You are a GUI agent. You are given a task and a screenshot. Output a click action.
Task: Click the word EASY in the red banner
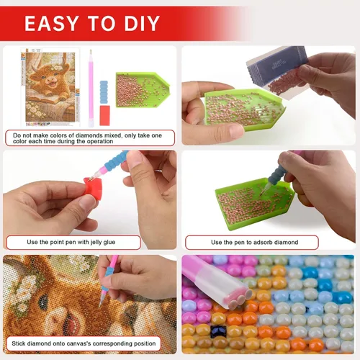(x=52, y=23)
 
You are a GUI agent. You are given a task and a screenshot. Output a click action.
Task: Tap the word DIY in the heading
(x=142, y=23)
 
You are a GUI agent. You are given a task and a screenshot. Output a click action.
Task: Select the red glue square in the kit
(x=104, y=115)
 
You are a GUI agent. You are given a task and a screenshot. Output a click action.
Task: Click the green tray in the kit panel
(x=143, y=89)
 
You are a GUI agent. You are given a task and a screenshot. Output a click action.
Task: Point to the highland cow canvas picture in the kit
(x=50, y=87)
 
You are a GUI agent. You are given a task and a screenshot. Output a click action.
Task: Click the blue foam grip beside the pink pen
(x=104, y=92)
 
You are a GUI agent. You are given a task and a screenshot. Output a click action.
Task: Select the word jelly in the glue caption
(x=96, y=242)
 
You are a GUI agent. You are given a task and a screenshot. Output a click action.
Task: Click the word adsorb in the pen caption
(x=263, y=242)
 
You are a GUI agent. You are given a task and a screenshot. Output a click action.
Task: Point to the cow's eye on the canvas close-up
(x=44, y=301)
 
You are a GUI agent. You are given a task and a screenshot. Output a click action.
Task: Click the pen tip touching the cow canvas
(x=100, y=305)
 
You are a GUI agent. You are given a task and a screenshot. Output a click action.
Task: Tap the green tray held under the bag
(x=245, y=109)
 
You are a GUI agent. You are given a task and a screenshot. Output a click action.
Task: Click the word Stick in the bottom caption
(x=18, y=343)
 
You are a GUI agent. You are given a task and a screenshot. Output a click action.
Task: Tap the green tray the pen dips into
(x=255, y=204)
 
